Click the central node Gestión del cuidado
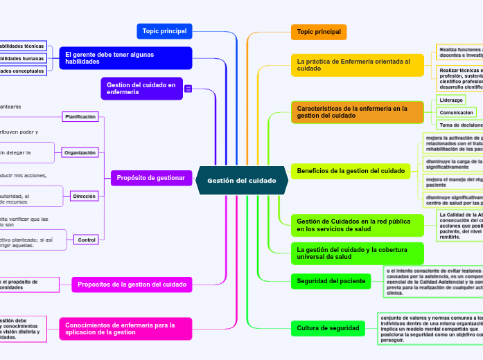pyautogui.click(x=242, y=181)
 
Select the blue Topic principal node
pyautogui.click(x=164, y=31)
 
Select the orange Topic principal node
pyautogui.click(x=319, y=32)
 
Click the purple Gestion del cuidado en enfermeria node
pyautogui.click(x=141, y=88)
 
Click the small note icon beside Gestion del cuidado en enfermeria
pyautogui.click(x=188, y=89)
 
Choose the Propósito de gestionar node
pyautogui.click(x=150, y=178)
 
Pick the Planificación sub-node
pyautogui.click(x=80, y=117)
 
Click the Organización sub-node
pyautogui.click(x=80, y=152)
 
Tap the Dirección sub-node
pyautogui.click(x=85, y=197)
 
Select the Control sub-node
pyautogui.click(x=87, y=240)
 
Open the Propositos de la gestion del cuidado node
pyautogui.click(x=132, y=284)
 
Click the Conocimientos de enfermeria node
pyautogui.click(x=125, y=328)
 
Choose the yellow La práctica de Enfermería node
pyautogui.click(x=356, y=65)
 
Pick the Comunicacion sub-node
pyautogui.click(x=457, y=112)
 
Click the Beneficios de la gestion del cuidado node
pyautogui.click(x=351, y=170)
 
